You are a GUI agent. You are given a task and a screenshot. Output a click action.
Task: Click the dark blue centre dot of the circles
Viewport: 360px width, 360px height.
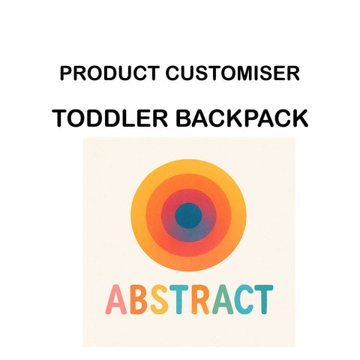tap(188, 216)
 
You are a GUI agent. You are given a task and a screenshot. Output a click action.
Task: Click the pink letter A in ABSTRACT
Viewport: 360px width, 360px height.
tap(118, 300)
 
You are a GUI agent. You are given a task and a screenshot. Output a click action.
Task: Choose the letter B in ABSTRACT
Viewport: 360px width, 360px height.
tap(139, 300)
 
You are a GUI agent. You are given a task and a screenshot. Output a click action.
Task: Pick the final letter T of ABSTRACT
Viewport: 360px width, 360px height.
tap(262, 300)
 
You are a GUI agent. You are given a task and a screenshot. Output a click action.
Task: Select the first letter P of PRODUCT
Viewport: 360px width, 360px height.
tap(65, 73)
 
